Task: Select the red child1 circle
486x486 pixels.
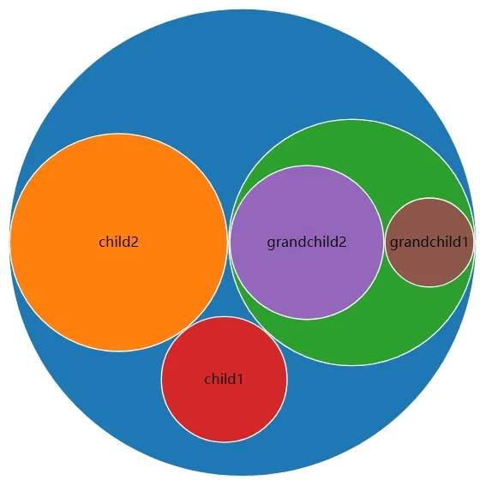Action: [224, 403]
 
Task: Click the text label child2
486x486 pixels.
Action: [118, 242]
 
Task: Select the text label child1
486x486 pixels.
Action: [224, 379]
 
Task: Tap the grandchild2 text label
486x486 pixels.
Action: [307, 243]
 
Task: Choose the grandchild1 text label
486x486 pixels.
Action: [429, 243]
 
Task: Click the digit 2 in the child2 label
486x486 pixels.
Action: [135, 243]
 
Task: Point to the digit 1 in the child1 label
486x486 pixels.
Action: [240, 380]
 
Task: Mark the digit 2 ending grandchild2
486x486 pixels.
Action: [343, 243]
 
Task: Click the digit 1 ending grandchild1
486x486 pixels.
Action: [465, 243]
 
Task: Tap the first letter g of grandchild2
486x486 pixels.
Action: [271, 244]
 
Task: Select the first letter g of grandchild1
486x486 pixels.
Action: [394, 244]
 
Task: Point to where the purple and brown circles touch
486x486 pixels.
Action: [384, 243]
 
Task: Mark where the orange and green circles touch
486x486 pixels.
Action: [229, 243]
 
